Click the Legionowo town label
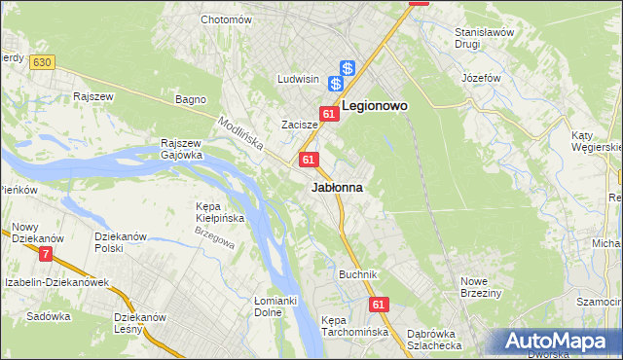click(373, 105)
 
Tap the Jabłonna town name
click(337, 187)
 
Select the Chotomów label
click(226, 19)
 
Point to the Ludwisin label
click(299, 79)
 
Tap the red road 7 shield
click(46, 255)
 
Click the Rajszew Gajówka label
click(181, 148)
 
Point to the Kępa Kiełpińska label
click(219, 211)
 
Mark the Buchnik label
click(357, 274)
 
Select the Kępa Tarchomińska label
click(354, 326)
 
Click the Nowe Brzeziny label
click(480, 287)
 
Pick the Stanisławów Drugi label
click(484, 38)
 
